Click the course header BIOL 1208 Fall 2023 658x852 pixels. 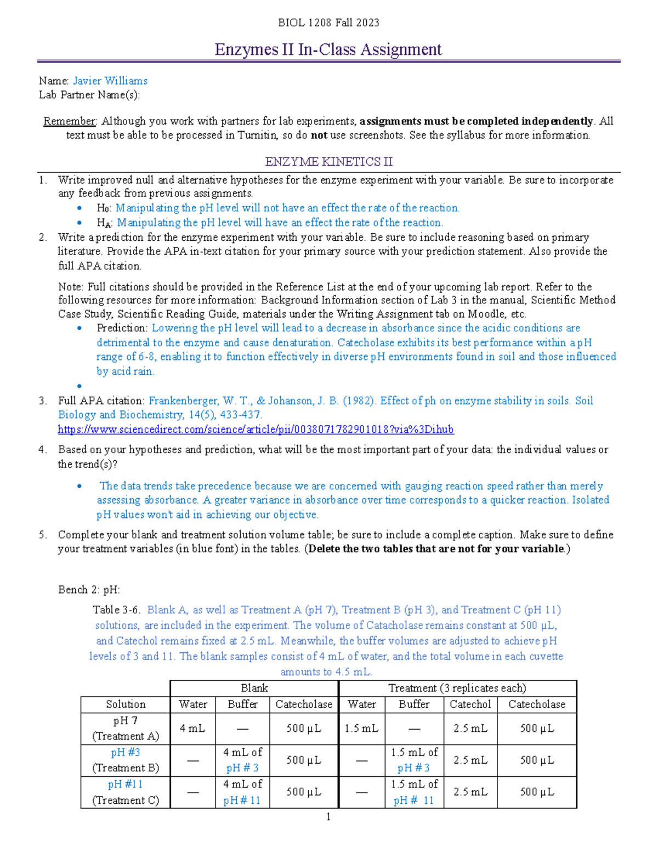tap(328, 22)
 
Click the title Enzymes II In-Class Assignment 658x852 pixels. tap(328, 49)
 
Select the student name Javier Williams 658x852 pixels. tap(110, 81)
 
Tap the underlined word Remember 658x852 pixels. tap(70, 121)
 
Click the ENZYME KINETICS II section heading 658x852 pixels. tap(328, 162)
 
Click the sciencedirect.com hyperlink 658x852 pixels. tap(256, 429)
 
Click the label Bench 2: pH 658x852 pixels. tap(89, 590)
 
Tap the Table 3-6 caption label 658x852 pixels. tap(117, 610)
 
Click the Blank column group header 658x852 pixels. tap(254, 688)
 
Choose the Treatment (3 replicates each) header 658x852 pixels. tap(457, 688)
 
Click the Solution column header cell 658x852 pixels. tap(126, 704)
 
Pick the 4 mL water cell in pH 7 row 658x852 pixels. tap(192, 729)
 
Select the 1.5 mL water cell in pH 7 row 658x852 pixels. tap(361, 729)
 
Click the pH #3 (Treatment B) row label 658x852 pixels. tap(126, 760)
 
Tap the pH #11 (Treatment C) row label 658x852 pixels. tap(126, 792)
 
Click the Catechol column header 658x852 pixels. tap(470, 704)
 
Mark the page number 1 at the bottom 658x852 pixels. tap(328, 817)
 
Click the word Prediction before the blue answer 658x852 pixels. tap(122, 328)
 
